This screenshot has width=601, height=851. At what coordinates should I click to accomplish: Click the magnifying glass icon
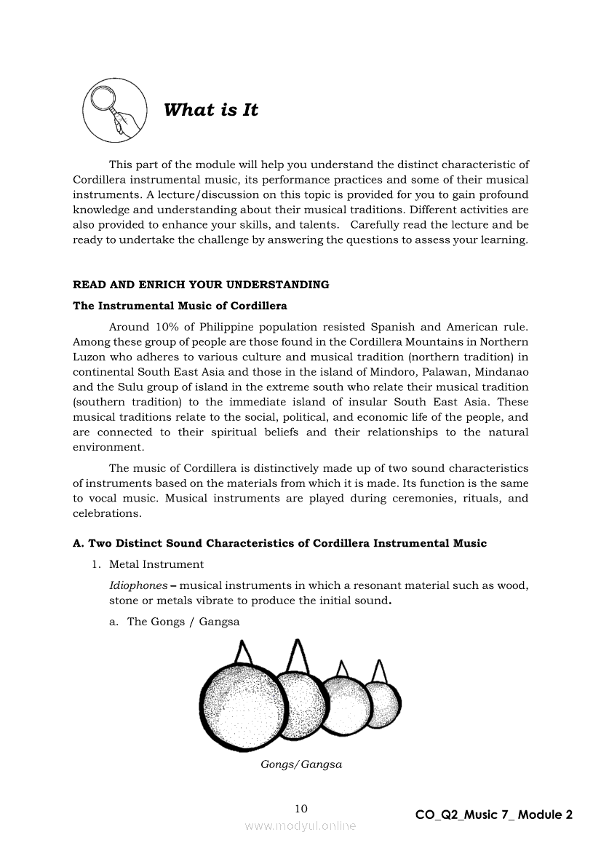(113, 111)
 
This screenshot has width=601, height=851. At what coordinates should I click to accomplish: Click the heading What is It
(211, 110)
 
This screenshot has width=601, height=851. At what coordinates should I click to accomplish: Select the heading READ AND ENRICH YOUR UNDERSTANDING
(201, 285)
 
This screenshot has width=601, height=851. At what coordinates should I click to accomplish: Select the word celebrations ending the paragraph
(106, 513)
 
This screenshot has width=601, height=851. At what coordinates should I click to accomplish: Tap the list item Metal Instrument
(156, 564)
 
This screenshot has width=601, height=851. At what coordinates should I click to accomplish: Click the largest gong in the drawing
(242, 706)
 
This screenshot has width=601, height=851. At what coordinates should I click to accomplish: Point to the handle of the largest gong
(245, 652)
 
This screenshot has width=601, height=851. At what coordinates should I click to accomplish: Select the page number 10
(301, 808)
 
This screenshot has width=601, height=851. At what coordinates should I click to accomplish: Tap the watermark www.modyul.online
(300, 826)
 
